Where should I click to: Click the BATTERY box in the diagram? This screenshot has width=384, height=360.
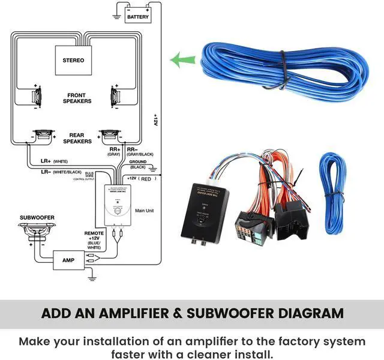point(138,17)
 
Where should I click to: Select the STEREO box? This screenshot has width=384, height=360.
point(73,60)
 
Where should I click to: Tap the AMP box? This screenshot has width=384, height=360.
point(68,260)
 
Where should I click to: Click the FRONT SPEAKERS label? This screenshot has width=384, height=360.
point(77,98)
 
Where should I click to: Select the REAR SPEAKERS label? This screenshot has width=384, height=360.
point(77,139)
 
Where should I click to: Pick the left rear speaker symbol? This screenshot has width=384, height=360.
point(43,135)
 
